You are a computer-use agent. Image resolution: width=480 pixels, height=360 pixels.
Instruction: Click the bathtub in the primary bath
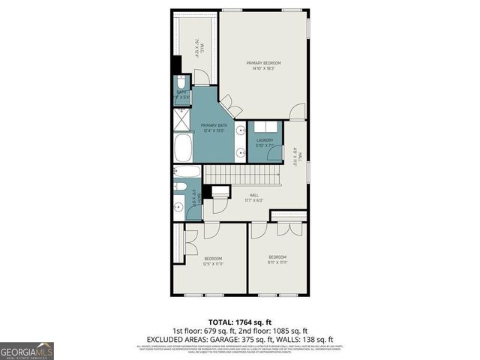(183, 148)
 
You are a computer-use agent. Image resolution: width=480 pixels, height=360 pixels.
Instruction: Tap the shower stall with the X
(181, 119)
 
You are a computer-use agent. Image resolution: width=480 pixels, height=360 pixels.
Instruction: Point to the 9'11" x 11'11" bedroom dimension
(277, 262)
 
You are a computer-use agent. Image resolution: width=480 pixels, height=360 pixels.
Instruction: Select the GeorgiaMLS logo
(27, 350)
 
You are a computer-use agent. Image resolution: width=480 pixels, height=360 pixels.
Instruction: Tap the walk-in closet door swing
(202, 77)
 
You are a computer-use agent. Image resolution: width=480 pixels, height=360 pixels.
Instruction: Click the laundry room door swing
(275, 154)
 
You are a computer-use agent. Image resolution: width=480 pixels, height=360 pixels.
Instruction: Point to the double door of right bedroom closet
(287, 228)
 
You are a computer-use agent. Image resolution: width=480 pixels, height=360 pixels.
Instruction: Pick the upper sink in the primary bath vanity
(239, 130)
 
